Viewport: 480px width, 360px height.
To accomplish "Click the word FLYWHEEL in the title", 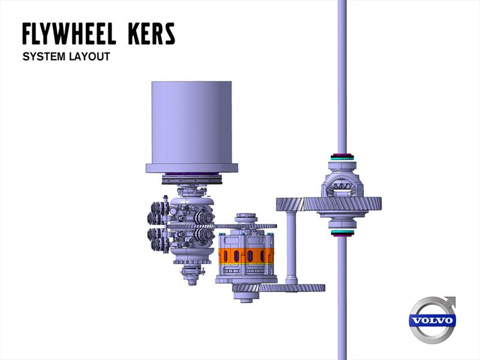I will point(68,34).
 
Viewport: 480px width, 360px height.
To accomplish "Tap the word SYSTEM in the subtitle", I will point(43,57).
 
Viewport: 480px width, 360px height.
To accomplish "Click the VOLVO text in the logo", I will point(432,320).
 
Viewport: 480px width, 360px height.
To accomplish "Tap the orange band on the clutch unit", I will point(246,256).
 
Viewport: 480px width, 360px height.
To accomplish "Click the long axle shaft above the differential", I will point(342,72).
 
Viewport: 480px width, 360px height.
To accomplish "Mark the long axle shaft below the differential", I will point(342,300).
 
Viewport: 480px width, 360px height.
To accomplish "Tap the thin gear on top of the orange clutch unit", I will point(246,226).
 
